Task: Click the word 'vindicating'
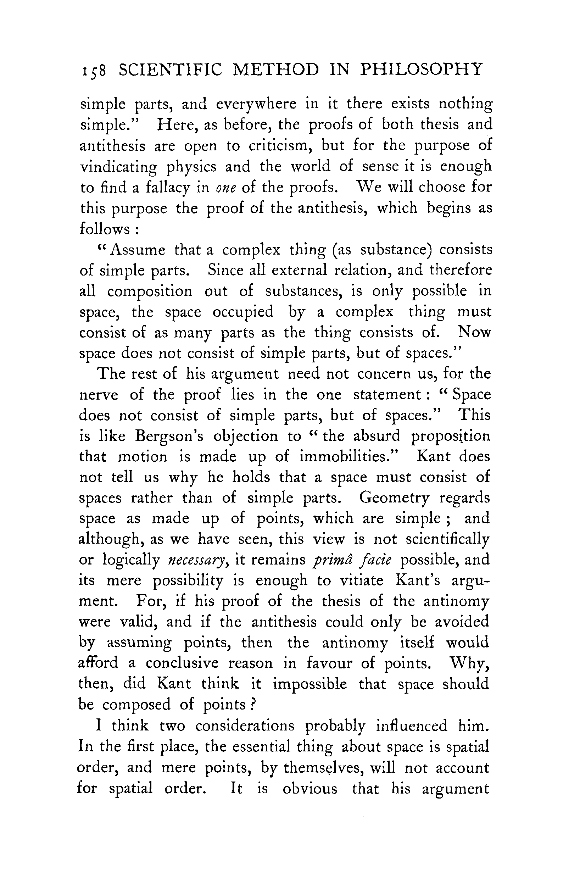point(118,167)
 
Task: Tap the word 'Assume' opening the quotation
point(138,250)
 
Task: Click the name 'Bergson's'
point(169,436)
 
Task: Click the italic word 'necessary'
point(196,560)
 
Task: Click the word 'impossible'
point(310,684)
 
